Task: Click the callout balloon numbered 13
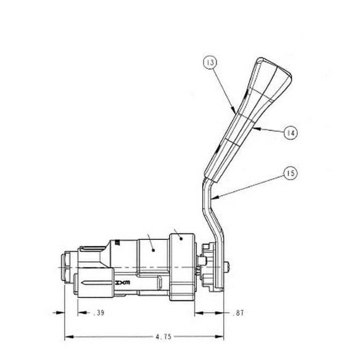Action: tap(210, 62)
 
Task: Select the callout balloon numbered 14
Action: tap(290, 133)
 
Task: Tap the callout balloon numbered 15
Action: tap(290, 173)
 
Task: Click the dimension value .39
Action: tap(99, 313)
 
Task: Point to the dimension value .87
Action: tap(238, 313)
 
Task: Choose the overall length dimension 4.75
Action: tap(164, 337)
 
